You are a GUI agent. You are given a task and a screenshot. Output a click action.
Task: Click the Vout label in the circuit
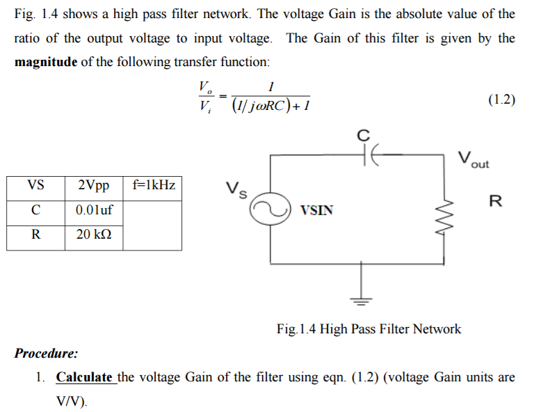click(x=473, y=159)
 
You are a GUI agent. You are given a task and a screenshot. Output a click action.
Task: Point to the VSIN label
click(x=316, y=209)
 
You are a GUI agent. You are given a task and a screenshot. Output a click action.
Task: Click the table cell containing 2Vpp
click(x=94, y=186)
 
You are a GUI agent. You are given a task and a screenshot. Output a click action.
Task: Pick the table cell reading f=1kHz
click(x=153, y=186)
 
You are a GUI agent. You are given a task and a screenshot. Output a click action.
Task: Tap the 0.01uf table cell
click(x=94, y=209)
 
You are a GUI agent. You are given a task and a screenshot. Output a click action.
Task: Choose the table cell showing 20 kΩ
click(x=94, y=235)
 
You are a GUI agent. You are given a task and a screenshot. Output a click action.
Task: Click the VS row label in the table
click(x=35, y=186)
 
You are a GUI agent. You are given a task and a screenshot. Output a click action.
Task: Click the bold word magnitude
click(x=46, y=62)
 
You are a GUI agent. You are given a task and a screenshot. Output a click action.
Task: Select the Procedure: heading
click(x=46, y=353)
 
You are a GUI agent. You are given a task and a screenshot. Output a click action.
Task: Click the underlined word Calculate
click(x=85, y=377)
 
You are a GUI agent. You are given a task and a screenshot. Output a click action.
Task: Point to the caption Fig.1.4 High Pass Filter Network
click(x=368, y=328)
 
